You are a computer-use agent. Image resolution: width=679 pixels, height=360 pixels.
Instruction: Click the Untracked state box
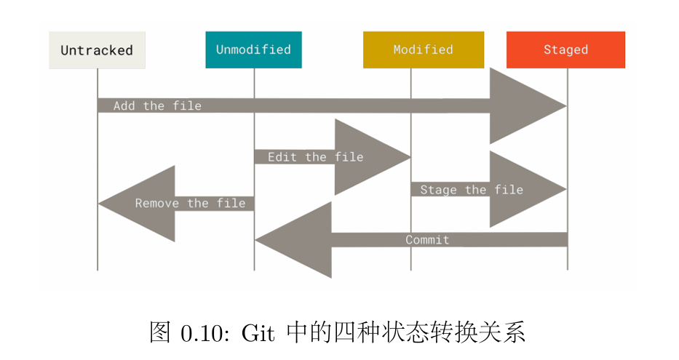pyautogui.click(x=97, y=50)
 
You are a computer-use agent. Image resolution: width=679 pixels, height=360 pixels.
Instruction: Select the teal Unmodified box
pyautogui.click(x=253, y=49)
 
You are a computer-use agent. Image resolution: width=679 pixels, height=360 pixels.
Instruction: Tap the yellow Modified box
pyautogui.click(x=423, y=49)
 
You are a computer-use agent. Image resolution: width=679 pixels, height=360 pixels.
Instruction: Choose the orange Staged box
pyautogui.click(x=565, y=49)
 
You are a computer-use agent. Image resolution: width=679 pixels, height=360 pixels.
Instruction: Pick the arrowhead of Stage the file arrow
pyautogui.click(x=525, y=190)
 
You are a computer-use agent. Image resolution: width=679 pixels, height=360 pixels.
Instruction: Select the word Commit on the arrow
pyautogui.click(x=427, y=240)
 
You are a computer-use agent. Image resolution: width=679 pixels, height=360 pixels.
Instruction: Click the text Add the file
pyautogui.click(x=157, y=106)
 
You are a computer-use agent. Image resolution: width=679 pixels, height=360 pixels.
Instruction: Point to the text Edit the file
pyautogui.click(x=315, y=157)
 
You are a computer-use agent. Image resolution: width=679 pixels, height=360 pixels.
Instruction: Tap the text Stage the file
pyautogui.click(x=472, y=190)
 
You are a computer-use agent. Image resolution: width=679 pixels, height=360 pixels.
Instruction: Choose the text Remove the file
pyautogui.click(x=190, y=204)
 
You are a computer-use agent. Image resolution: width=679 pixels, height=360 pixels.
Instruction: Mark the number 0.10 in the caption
pyautogui.click(x=204, y=333)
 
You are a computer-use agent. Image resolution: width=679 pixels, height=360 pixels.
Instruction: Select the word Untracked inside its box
pyautogui.click(x=97, y=51)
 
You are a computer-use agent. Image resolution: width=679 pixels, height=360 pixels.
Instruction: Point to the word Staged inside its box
pyautogui.click(x=565, y=49)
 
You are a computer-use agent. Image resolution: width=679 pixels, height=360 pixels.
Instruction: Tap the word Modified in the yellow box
pyautogui.click(x=423, y=49)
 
